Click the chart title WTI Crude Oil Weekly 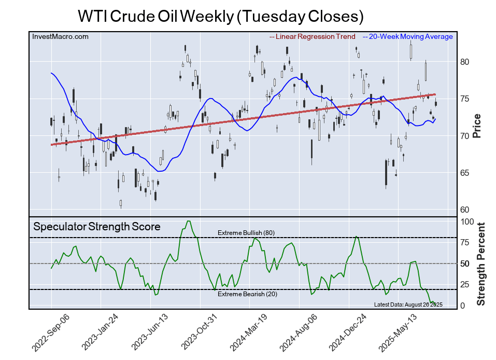220,16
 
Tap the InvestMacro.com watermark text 60,37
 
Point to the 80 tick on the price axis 465,62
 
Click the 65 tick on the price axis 465,173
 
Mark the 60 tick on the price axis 465,210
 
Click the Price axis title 477,125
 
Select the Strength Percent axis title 480,264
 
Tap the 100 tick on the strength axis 467,221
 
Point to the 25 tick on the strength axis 465,285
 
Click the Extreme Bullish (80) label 246,232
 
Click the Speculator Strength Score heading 97,227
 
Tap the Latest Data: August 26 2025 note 408,304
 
